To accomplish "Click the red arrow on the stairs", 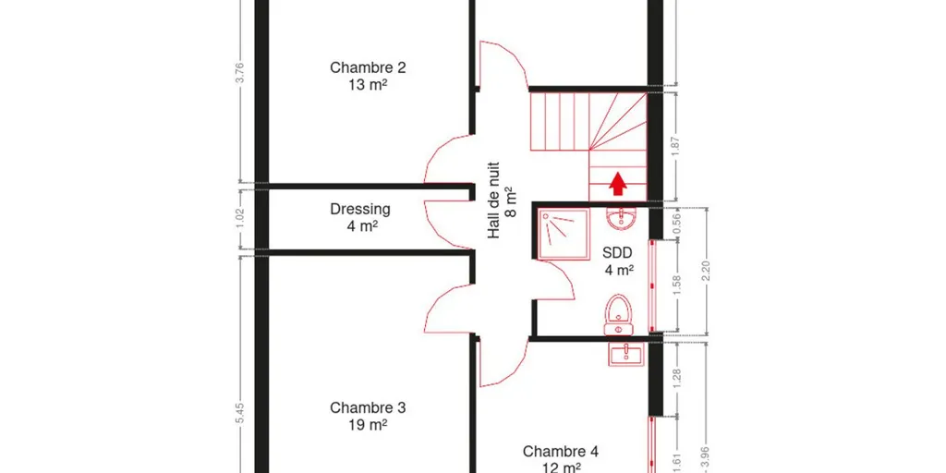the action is pyautogui.click(x=616, y=184).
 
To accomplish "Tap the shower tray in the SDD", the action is pyautogui.click(x=564, y=234).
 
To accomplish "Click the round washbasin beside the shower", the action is pyautogui.click(x=619, y=219).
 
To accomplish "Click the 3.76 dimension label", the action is pyautogui.click(x=241, y=73).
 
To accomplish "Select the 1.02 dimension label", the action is pyautogui.click(x=239, y=219).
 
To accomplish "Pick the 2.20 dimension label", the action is pyautogui.click(x=707, y=271).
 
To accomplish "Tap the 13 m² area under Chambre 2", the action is pyautogui.click(x=368, y=85).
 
